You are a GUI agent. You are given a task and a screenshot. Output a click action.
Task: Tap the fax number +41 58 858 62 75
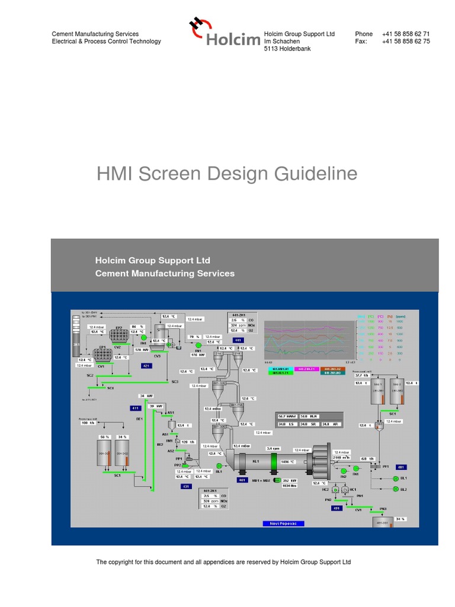(406, 41)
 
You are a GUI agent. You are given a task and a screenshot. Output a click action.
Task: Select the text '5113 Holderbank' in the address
(287, 49)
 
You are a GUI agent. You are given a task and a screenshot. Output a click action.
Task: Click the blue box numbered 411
(135, 408)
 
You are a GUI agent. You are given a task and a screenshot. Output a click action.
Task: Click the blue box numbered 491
(336, 508)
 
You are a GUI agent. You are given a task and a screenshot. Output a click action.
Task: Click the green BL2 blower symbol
(395, 489)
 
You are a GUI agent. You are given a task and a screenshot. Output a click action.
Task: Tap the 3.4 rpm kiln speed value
(273, 449)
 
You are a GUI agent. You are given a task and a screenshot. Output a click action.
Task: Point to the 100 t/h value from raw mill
(88, 423)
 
